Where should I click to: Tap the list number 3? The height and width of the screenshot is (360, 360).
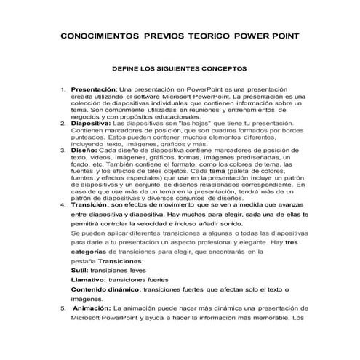tap(62, 150)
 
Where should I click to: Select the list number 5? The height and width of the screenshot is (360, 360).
tap(62, 309)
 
